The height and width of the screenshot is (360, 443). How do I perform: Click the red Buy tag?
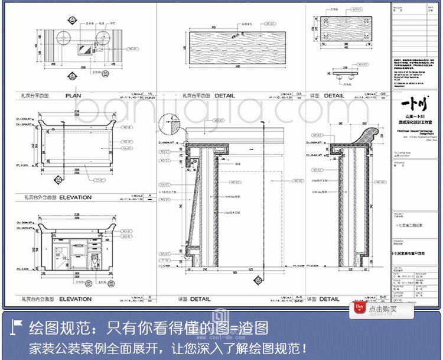pyautogui.click(x=359, y=307)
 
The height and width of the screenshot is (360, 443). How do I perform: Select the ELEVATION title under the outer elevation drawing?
pyautogui.click(x=75, y=197)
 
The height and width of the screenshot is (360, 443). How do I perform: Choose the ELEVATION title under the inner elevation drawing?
pyautogui.click(x=75, y=299)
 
